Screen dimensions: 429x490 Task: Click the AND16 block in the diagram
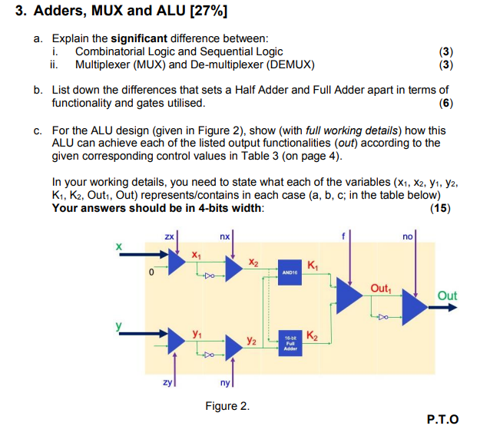point(290,272)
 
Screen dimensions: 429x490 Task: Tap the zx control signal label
point(169,239)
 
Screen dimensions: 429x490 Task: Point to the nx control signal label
point(224,239)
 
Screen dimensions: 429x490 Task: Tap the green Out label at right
point(446,295)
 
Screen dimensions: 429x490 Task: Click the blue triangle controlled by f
point(349,299)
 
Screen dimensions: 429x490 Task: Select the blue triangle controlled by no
point(415,307)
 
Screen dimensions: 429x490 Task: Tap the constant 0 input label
point(152,272)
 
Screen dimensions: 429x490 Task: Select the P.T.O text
point(442,419)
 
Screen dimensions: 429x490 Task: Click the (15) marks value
point(441,208)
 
